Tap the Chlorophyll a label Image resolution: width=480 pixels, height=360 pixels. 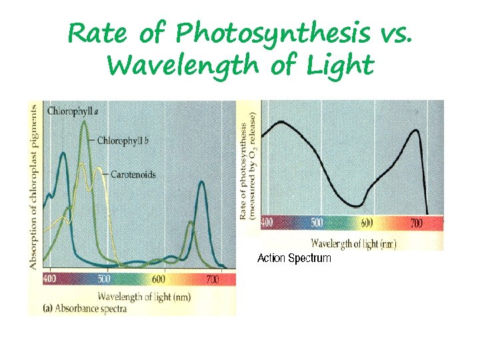tap(69, 111)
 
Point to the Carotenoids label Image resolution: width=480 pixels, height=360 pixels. tap(133, 175)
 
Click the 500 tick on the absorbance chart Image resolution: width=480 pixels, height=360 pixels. tap(104, 279)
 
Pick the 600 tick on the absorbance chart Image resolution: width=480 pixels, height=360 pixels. tap(159, 279)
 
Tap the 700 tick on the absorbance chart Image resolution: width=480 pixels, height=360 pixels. tap(212, 279)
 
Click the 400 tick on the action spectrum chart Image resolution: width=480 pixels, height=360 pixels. tap(267, 223)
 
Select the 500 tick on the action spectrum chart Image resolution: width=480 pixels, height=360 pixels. tap(317, 223)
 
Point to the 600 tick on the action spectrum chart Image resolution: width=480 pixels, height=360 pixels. tap(366, 223)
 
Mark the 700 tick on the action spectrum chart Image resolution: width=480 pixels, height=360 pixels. tap(417, 223)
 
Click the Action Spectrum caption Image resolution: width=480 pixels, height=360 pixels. tap(294, 258)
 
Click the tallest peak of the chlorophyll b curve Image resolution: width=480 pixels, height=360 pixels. tap(84, 121)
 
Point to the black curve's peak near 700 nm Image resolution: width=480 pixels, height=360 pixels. tap(417, 131)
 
